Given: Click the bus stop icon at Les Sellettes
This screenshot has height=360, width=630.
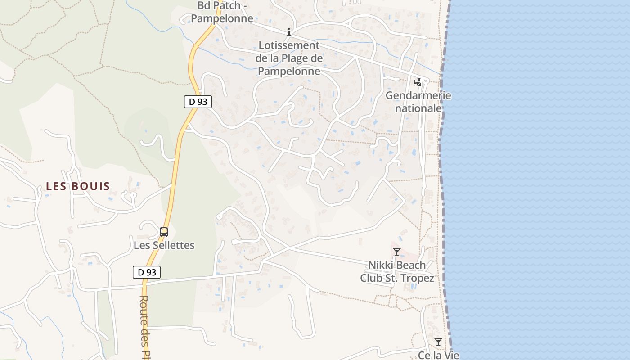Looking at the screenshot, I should click(164, 232).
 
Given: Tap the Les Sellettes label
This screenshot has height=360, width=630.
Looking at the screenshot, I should click(164, 245).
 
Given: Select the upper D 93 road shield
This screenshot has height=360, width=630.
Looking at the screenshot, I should click(198, 102).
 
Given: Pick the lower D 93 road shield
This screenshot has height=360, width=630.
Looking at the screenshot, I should click(147, 272).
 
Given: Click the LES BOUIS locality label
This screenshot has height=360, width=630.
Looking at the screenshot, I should click(78, 186).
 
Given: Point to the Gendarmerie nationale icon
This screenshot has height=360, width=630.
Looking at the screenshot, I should click(418, 82).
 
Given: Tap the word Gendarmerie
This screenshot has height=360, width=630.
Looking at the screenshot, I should click(418, 95).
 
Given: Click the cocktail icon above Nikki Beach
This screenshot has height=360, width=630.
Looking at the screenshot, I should click(396, 252).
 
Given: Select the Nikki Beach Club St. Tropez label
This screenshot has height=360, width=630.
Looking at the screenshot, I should click(397, 272).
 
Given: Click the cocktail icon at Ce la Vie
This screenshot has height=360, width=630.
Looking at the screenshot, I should click(438, 342).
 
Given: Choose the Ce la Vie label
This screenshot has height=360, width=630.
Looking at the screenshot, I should click(439, 355).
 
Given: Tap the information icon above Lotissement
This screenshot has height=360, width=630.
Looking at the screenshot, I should click(289, 32).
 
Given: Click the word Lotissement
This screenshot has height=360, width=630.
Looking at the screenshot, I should click(289, 45).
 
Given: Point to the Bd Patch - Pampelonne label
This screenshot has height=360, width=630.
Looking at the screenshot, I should click(222, 12).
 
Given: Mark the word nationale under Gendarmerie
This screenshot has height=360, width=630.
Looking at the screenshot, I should click(418, 108).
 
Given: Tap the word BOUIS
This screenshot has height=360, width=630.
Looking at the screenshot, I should click(93, 186).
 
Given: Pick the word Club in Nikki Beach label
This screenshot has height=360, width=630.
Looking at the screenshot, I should click(372, 278).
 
